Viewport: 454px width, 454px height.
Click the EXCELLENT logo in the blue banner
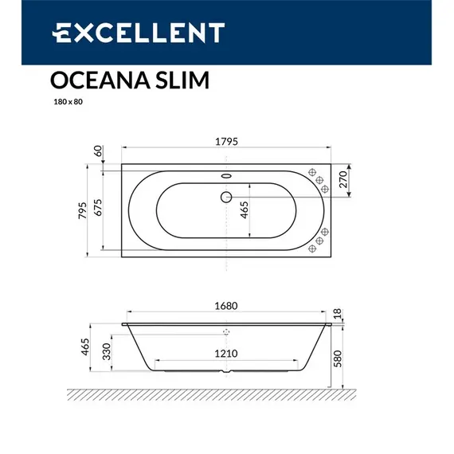pyautogui.click(x=138, y=33)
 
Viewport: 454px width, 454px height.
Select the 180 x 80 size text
pyautogui.click(x=65, y=101)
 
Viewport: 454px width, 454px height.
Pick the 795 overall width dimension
pyautogui.click(x=83, y=210)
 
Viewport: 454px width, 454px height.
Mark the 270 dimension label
pyautogui.click(x=344, y=180)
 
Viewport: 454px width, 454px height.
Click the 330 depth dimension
pyautogui.click(x=106, y=352)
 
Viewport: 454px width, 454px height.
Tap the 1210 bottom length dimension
pyautogui.click(x=227, y=353)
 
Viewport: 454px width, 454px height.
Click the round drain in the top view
pyautogui.click(x=225, y=196)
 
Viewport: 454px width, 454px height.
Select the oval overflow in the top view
pyautogui.click(x=225, y=177)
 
